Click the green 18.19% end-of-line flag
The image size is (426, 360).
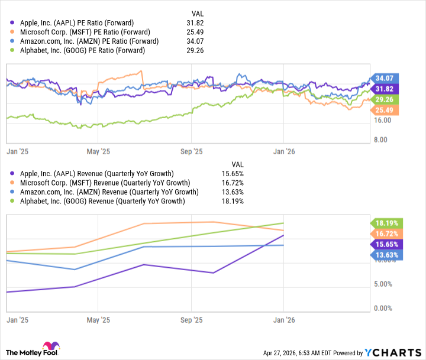387,223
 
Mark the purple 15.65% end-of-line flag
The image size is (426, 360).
387,244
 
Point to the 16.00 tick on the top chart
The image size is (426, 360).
383,121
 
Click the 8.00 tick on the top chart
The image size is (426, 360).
385,140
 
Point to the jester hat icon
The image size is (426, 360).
49,349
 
